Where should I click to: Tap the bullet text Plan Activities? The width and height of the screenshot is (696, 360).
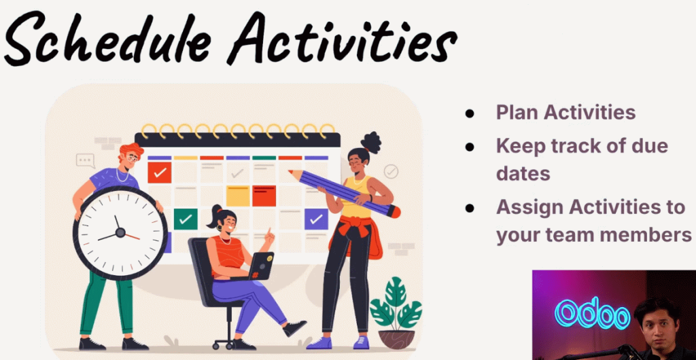click(x=566, y=112)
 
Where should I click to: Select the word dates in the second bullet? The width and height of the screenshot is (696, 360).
click(x=523, y=173)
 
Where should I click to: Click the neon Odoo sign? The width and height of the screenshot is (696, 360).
click(x=593, y=313)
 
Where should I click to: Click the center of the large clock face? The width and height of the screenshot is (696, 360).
click(x=120, y=232)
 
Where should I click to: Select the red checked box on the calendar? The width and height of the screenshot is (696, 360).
click(x=159, y=173)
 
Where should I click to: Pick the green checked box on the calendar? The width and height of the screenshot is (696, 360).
click(x=186, y=219)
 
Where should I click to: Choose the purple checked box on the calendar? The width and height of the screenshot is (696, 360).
click(x=316, y=219)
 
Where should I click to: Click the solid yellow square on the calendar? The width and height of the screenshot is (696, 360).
click(x=238, y=196)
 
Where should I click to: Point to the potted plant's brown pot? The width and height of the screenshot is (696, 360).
click(x=396, y=339)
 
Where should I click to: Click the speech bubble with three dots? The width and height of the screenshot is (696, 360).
click(x=85, y=160)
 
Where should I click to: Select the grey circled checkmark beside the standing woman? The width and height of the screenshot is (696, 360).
click(x=391, y=171)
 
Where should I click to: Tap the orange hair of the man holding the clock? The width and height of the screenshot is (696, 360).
click(x=131, y=149)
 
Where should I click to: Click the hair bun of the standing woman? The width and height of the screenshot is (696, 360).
click(x=370, y=142)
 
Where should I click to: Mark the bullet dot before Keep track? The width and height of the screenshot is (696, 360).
click(x=469, y=146)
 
